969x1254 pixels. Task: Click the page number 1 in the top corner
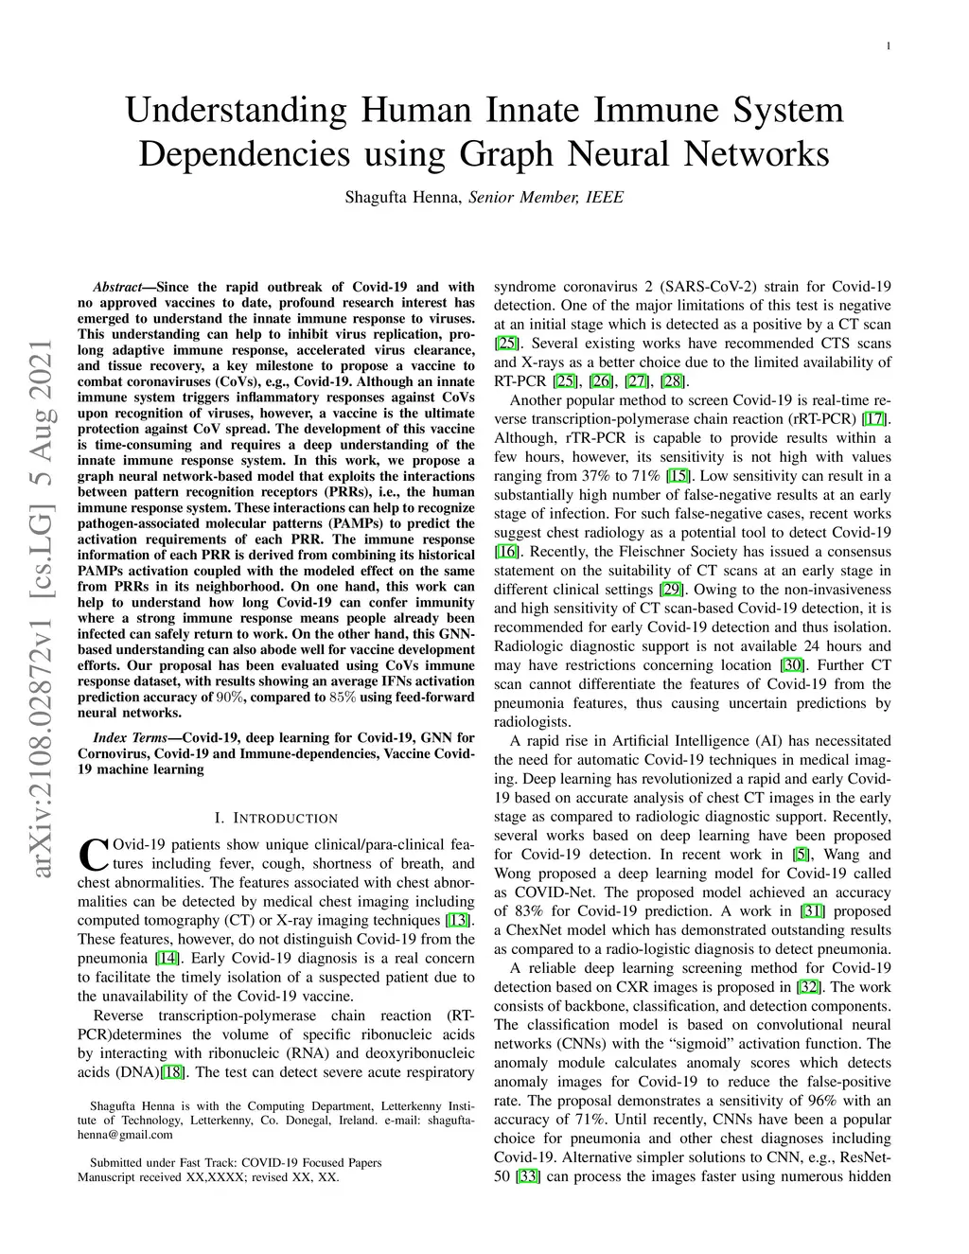889,46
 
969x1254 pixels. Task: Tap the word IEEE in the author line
605,198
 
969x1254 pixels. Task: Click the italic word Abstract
117,287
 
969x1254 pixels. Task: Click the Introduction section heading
276,818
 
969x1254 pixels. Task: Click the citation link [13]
459,920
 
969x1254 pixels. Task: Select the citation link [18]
173,1072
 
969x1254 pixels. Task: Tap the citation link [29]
671,590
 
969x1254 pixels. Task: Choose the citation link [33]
528,1176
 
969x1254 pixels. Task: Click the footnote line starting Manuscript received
208,1177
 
